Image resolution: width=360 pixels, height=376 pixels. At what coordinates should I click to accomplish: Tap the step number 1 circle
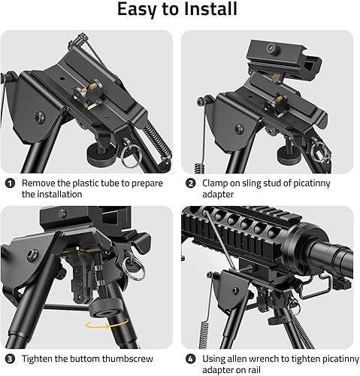pos(10,183)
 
